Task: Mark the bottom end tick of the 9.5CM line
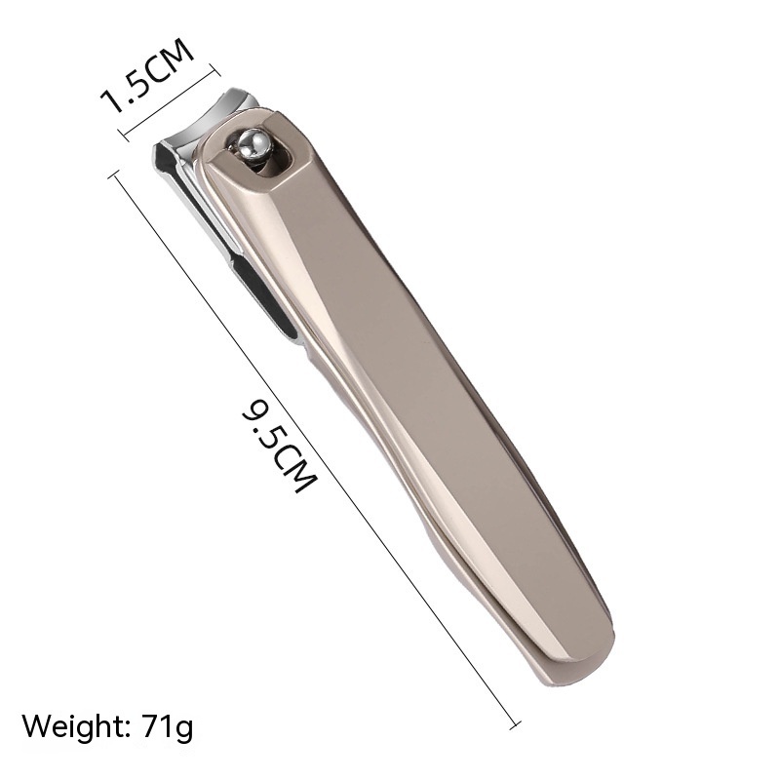coord(516,722)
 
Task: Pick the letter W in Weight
coord(36,726)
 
